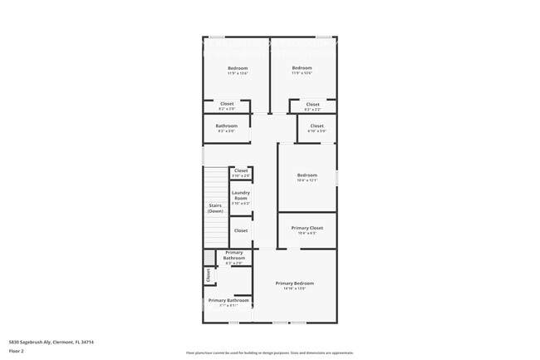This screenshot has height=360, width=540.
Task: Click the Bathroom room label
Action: pos(227,126)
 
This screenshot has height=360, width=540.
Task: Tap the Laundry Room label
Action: pos(240,195)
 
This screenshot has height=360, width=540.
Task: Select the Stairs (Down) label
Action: pos(215,208)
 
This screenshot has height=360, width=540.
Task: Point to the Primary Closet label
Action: pos(307,228)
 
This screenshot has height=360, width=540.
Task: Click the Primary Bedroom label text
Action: pos(295,283)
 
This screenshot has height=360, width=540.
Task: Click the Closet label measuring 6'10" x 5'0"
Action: pos(317,127)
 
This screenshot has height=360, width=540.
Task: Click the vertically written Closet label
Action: pos(208,274)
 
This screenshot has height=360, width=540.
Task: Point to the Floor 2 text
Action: pos(17,351)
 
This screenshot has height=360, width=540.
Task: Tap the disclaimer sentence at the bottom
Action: pos(269,353)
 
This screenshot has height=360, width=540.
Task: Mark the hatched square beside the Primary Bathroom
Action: pos(209,257)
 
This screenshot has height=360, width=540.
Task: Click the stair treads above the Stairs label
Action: pos(216,183)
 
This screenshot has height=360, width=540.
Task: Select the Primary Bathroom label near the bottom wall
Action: pos(228,300)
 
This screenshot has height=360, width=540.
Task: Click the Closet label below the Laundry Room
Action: pos(240,230)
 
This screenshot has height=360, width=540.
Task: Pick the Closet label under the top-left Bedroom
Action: pos(227,105)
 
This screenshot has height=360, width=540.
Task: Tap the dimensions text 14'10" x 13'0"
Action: pos(295,288)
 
